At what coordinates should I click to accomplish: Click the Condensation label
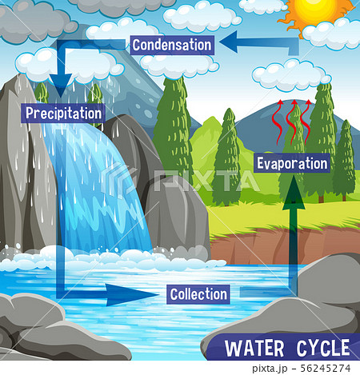(x=172, y=45)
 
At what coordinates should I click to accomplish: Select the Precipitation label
(x=63, y=114)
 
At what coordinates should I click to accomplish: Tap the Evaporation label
(x=292, y=163)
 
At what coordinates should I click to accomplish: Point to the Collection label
(x=198, y=294)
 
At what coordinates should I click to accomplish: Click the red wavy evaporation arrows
(x=293, y=120)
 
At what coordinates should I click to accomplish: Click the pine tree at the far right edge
(x=345, y=160)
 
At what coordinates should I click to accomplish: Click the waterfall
(x=96, y=192)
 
